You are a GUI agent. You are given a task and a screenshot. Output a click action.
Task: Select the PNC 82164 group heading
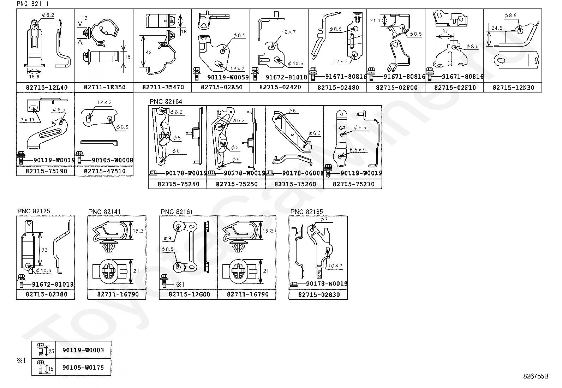166,102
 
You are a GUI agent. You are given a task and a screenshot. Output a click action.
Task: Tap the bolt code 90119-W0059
228,77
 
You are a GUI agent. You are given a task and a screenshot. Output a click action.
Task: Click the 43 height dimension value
148,52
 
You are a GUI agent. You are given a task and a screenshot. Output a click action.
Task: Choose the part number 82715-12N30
513,87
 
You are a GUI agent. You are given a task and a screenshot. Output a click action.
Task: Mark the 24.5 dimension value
497,28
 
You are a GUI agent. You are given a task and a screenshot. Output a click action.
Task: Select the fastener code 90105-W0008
112,160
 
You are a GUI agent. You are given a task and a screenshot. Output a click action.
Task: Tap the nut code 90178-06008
303,173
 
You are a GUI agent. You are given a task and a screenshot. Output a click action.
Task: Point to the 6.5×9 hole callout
357,150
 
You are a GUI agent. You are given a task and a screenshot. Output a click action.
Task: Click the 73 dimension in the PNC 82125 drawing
44,250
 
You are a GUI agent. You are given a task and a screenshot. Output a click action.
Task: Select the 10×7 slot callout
335,266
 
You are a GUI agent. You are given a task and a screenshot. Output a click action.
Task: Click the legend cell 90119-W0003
83,350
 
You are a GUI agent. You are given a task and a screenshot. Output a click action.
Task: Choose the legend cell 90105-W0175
83,368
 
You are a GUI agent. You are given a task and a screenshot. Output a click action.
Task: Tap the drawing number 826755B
536,376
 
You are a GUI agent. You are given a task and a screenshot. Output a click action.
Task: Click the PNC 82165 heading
306,212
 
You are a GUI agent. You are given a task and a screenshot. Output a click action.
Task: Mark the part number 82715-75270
353,184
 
